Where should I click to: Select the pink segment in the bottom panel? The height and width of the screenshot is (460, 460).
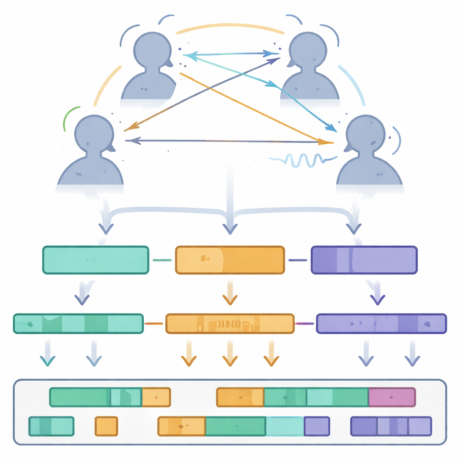click(392, 397)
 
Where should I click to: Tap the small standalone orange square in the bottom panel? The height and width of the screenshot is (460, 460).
click(106, 426)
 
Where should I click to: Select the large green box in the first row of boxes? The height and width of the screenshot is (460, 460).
click(95, 260)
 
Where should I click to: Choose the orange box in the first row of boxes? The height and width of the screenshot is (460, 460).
click(230, 260)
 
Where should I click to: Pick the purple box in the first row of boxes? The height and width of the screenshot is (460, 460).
click(364, 260)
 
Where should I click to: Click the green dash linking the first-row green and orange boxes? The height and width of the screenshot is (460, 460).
click(162, 260)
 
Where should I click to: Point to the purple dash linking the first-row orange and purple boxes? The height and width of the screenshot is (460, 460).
click(297, 260)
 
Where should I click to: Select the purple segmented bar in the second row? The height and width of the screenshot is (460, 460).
click(381, 323)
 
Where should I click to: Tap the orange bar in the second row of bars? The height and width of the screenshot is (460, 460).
click(230, 323)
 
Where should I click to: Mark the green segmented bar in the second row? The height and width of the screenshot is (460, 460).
click(78, 323)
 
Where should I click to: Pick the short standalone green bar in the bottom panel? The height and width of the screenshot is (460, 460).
click(51, 426)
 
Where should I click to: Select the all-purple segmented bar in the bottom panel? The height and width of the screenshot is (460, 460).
click(390, 426)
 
